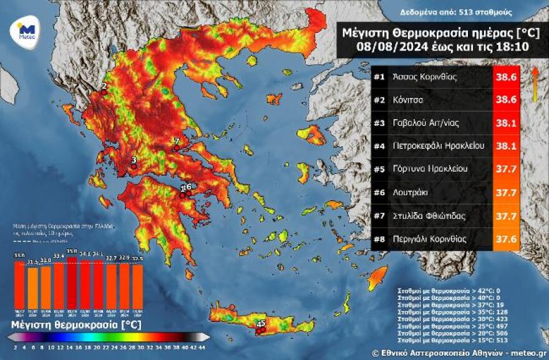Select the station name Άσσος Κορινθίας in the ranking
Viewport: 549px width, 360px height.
pos(425,78)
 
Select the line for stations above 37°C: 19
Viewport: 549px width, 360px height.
pos(447,303)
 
